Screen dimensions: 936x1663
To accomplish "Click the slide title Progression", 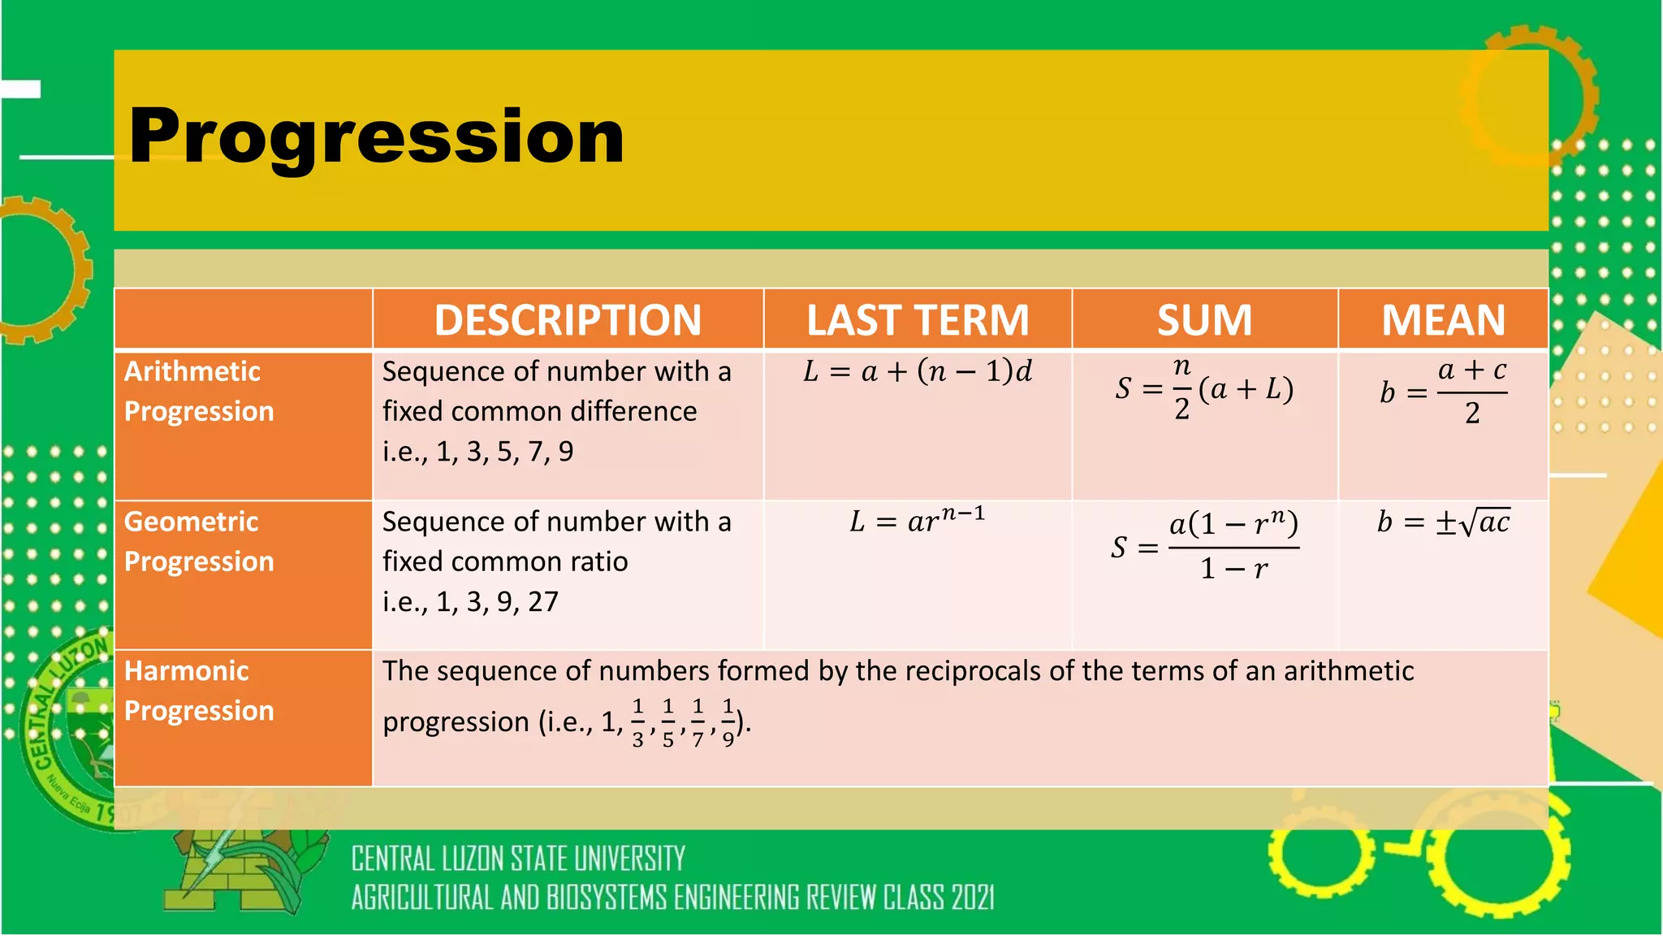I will (377, 136).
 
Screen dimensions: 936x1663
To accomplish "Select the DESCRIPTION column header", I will (568, 320).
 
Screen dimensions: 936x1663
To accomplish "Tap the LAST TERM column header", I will (918, 320).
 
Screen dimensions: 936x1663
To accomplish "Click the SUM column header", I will (1204, 320).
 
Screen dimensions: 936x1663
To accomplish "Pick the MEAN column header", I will (1443, 320).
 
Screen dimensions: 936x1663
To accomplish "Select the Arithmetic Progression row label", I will (199, 391).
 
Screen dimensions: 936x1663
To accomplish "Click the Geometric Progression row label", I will (199, 541).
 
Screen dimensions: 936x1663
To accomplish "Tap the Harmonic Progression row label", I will (199, 691).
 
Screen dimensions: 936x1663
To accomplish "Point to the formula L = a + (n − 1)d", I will (918, 372).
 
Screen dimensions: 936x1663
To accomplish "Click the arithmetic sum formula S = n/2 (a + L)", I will (1204, 389).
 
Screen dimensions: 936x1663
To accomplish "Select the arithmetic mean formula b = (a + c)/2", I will (1443, 392).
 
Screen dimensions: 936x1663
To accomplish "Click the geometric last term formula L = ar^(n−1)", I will (918, 520).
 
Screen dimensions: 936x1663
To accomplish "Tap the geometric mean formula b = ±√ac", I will (1443, 522).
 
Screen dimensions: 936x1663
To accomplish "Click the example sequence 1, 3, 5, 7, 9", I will (504, 452).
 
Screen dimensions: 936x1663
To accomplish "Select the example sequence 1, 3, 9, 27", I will (497, 602).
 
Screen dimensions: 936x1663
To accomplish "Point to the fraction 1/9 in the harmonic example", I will (728, 721).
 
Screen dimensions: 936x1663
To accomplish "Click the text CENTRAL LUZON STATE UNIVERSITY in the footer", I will (518, 859).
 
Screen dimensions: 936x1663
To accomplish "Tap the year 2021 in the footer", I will (973, 898).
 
